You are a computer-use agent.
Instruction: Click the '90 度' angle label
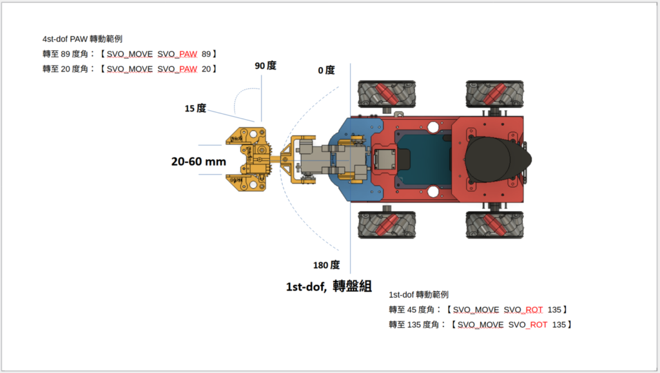coord(265,66)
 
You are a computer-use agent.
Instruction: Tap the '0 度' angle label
coord(326,70)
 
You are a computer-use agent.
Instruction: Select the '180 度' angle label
coord(326,265)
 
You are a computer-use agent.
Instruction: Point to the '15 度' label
coord(195,108)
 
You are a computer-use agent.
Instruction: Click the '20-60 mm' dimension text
coord(199,162)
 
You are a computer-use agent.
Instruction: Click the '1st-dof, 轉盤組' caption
coord(329,287)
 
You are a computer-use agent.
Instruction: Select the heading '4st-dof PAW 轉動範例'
coord(82,39)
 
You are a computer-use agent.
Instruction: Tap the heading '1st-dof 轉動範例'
coord(419,295)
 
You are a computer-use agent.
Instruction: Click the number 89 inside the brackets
coord(206,54)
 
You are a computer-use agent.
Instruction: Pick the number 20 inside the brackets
coord(206,69)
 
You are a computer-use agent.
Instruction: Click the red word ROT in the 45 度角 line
coord(534,310)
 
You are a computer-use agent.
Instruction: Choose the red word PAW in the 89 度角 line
coord(188,54)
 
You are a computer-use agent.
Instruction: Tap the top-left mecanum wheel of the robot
coord(387,95)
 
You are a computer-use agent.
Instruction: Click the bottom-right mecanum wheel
coord(494,225)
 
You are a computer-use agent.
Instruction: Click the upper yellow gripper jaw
coord(247,137)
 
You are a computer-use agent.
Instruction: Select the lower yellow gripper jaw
coord(247,182)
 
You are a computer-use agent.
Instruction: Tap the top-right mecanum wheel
coord(494,95)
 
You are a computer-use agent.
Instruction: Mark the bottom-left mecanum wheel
coord(387,225)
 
